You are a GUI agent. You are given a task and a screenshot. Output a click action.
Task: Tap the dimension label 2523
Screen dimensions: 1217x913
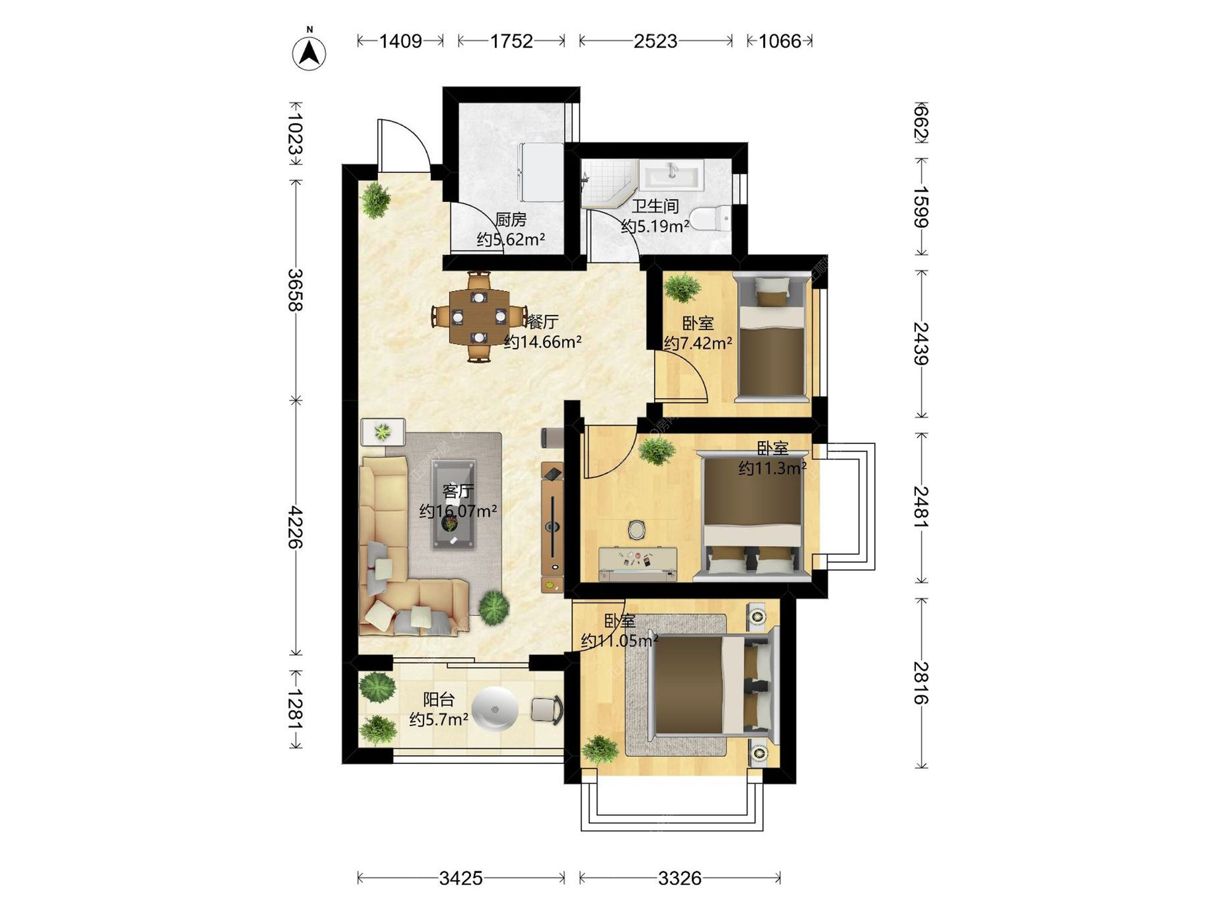click(x=655, y=41)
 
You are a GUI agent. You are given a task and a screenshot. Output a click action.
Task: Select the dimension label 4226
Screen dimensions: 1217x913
click(x=295, y=527)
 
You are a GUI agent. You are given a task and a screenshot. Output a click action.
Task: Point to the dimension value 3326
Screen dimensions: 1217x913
click(x=679, y=878)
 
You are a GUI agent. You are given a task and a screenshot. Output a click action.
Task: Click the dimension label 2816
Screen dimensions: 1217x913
click(x=921, y=683)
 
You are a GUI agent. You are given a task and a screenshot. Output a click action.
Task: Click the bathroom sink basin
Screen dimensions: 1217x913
click(x=671, y=174)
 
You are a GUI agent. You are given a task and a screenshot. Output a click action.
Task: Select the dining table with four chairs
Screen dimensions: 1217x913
click(x=479, y=316)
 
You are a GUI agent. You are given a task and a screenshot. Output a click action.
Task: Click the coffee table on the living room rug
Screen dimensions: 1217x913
click(x=453, y=504)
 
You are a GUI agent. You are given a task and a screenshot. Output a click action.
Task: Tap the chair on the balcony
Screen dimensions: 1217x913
click(x=546, y=710)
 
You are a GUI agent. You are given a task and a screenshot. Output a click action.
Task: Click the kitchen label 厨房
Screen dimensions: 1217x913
click(x=510, y=219)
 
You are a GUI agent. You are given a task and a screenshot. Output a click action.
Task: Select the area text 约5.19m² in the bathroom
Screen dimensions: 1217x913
click(x=655, y=226)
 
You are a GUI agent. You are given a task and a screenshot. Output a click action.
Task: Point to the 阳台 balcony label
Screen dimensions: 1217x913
click(x=439, y=699)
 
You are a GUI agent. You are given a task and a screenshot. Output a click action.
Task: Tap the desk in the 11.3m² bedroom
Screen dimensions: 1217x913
click(x=638, y=564)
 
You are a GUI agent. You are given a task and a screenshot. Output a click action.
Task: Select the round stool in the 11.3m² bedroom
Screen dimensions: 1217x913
click(x=637, y=529)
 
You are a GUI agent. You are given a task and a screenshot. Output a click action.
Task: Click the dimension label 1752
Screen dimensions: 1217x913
click(x=512, y=41)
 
